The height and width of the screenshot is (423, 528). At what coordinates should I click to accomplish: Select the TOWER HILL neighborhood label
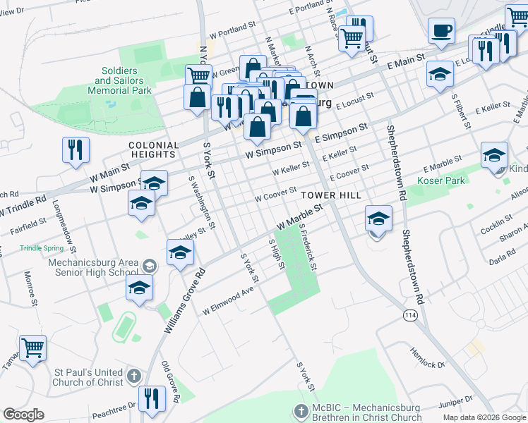331,195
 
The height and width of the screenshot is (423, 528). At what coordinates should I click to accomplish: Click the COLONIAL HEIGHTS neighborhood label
152,149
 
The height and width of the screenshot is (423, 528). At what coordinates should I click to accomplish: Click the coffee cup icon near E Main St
442,31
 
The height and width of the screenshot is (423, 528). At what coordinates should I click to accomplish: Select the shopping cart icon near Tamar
32,348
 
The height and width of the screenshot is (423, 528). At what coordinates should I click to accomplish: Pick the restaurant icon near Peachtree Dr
152,398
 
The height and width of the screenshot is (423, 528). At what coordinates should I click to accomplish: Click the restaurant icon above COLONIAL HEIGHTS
76,149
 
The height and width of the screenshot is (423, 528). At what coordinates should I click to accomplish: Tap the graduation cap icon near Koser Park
494,154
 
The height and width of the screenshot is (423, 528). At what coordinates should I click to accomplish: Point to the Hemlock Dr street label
428,357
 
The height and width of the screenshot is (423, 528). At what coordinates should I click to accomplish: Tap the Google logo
23,415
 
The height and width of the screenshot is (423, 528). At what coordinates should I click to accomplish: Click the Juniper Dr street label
455,404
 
